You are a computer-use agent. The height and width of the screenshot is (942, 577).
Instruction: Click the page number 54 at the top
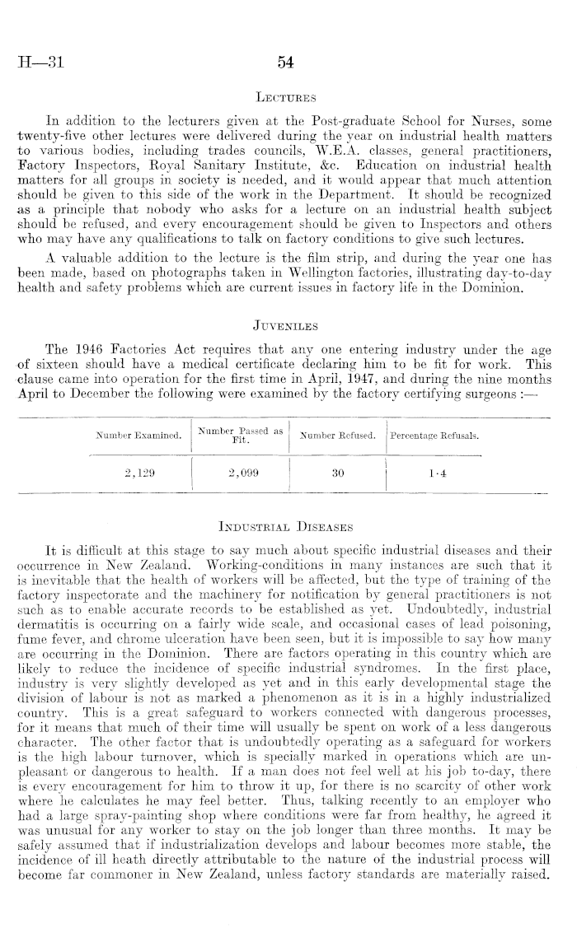pos(287,62)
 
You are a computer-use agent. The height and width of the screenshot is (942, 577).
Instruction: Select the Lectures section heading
pos(286,97)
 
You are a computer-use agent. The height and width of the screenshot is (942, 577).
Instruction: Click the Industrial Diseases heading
pos(286,524)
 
